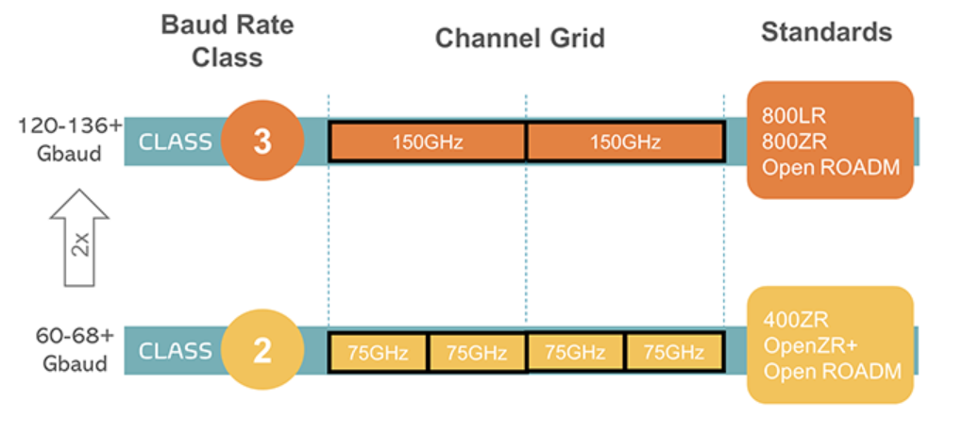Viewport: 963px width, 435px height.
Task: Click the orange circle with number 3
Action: [x=262, y=142]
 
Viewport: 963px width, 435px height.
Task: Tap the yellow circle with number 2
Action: [x=262, y=351]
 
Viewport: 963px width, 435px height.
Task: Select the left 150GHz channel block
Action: [x=428, y=142]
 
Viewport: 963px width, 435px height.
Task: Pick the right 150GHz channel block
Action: [x=625, y=142]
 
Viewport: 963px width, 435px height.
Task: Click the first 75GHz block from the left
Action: [x=379, y=352]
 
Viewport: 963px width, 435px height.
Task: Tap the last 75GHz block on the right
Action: [x=674, y=352]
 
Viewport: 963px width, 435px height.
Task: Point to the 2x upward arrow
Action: [x=80, y=238]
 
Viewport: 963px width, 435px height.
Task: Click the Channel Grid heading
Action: [x=520, y=38]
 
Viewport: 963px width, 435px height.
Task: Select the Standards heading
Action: [x=827, y=32]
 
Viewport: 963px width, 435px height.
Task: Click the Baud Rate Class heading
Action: [x=228, y=42]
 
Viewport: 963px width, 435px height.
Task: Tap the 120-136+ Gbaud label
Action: [x=70, y=140]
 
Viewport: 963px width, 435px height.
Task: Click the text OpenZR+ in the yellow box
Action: [x=809, y=345]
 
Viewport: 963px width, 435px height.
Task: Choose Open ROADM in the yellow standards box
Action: [x=833, y=372]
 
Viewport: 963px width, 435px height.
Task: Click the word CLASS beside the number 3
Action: [x=175, y=142]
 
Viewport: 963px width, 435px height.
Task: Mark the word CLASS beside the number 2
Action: [x=175, y=352]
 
